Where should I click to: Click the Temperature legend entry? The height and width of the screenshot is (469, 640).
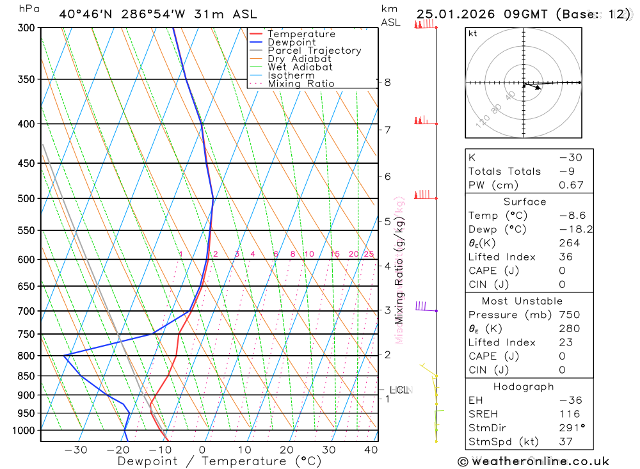pos(301,34)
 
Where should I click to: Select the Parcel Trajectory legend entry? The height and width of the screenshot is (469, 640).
pos(314,51)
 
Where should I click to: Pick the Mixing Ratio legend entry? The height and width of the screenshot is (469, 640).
pos(301,84)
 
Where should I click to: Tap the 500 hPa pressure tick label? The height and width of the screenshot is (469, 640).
pos(26,198)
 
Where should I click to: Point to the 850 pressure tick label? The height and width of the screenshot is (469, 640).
pos(26,376)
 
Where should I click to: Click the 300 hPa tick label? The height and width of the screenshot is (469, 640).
pos(26,28)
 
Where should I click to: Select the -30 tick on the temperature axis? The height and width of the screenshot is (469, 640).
pos(76,450)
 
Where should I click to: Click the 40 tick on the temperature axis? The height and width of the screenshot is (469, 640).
pos(371,450)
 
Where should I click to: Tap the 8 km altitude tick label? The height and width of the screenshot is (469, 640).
pos(387,82)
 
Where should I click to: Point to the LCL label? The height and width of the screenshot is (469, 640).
pos(399,390)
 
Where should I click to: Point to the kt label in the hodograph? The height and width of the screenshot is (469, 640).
pos(472,33)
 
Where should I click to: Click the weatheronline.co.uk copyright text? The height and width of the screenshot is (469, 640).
pos(533,461)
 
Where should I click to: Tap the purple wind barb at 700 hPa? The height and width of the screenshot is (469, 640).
pos(422,306)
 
